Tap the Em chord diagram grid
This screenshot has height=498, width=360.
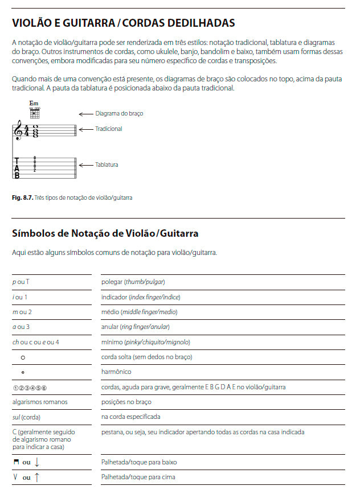35,113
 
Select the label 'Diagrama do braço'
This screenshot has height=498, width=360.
119,113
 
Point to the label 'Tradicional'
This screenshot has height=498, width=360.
109,129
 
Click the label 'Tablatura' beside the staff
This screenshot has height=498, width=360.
107,165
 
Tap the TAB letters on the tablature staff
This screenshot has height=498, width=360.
17,168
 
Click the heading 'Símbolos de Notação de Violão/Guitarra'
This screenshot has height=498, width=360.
105,233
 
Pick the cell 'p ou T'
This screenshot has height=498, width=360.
21,282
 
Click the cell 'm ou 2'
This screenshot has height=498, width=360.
22,312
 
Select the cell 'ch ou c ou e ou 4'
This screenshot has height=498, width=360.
35,342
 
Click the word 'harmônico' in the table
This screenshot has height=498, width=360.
116,372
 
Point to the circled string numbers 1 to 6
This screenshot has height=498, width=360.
29,388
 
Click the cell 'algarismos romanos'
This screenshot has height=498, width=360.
39,402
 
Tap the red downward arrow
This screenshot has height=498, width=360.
37,462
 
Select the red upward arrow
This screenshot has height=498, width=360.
37,478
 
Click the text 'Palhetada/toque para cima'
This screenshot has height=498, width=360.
138,477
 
